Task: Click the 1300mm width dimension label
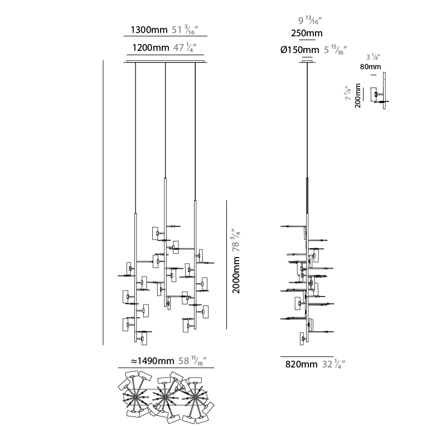(x=149, y=30)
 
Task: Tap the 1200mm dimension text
(x=151, y=47)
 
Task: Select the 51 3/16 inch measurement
(x=185, y=30)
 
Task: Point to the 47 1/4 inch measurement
(x=185, y=47)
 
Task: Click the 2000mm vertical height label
(x=236, y=275)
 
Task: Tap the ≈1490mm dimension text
(x=152, y=361)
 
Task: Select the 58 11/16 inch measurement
(x=192, y=361)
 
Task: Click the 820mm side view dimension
(x=301, y=364)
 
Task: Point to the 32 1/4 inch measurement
(x=334, y=364)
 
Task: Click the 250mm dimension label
(x=307, y=33)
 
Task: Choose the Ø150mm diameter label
(x=300, y=50)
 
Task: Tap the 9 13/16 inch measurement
(x=310, y=21)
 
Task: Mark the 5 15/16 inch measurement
(x=336, y=50)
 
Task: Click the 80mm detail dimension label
(x=370, y=67)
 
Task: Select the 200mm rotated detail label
(x=358, y=95)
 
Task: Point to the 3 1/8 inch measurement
(x=373, y=57)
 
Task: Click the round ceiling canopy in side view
(x=307, y=61)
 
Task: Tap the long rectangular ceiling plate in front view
(x=165, y=61)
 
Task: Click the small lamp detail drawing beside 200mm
(x=379, y=91)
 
